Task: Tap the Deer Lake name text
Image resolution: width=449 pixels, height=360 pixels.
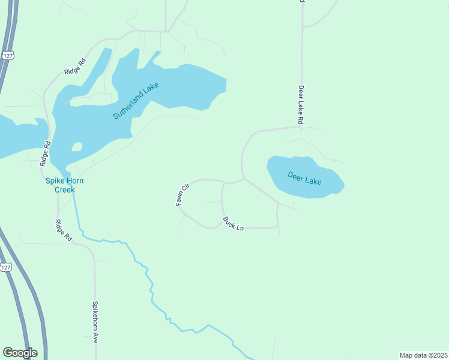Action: pyautogui.click(x=304, y=178)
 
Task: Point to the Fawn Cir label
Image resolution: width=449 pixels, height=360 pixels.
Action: pyautogui.click(x=182, y=194)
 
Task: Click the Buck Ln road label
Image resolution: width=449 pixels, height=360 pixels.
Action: pyautogui.click(x=233, y=224)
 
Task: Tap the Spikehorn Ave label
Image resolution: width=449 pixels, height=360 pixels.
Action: pyautogui.click(x=95, y=322)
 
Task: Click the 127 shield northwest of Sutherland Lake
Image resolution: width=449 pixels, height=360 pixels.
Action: pyautogui.click(x=7, y=55)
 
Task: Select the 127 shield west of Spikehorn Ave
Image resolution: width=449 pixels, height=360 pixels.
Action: pyautogui.click(x=5, y=268)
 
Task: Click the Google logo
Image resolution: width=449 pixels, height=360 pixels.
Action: pyautogui.click(x=20, y=353)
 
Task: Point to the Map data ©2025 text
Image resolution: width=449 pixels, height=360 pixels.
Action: pyautogui.click(x=423, y=355)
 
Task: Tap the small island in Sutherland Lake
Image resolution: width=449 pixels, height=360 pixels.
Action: pyautogui.click(x=76, y=147)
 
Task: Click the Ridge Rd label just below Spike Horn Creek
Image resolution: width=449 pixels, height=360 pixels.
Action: pyautogui.click(x=64, y=230)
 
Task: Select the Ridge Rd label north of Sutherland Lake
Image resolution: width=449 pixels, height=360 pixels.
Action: pyautogui.click(x=75, y=66)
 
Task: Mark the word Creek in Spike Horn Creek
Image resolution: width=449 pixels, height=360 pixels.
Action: pyautogui.click(x=65, y=190)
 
